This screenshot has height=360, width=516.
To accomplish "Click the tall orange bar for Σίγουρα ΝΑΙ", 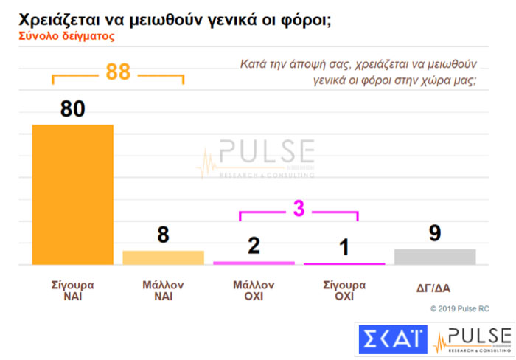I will tap(72, 194).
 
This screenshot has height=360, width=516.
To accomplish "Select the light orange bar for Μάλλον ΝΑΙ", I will tap(163, 257).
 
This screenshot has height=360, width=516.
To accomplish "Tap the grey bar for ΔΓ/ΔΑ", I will tap(435, 256).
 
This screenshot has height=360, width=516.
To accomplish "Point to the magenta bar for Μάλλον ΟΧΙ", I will tap(254, 263).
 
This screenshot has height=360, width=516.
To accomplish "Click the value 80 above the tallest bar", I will tap(72, 109).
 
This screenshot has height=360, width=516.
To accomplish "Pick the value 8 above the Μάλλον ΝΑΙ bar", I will tap(163, 235).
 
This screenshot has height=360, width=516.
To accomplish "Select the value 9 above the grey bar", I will tap(435, 233).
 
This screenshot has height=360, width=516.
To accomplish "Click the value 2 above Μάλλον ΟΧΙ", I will tap(254, 246).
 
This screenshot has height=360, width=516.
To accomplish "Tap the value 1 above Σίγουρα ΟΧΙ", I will tap(344, 247).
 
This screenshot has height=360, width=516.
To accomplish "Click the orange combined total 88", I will tap(118, 72).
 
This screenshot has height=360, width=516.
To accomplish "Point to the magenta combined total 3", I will tap(299, 209).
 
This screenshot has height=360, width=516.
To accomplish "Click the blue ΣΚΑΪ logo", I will tap(393, 340).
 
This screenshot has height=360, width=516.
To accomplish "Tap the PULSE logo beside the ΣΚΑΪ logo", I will tap(473, 340).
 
